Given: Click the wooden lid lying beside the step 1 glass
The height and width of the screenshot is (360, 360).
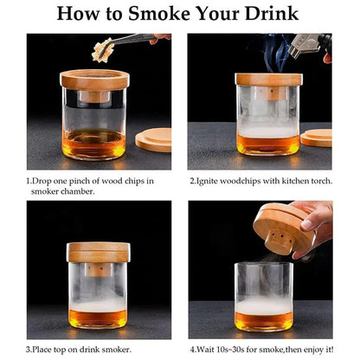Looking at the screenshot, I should tap(153, 140).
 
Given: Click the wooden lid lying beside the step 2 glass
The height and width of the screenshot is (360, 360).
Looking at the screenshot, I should tap(317, 138).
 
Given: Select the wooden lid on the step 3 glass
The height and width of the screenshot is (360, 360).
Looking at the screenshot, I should tap(98, 252).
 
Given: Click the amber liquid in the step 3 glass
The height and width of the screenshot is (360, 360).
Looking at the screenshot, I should tap(98, 317).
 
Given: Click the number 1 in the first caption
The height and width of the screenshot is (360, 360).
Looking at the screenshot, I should tap(29, 181).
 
